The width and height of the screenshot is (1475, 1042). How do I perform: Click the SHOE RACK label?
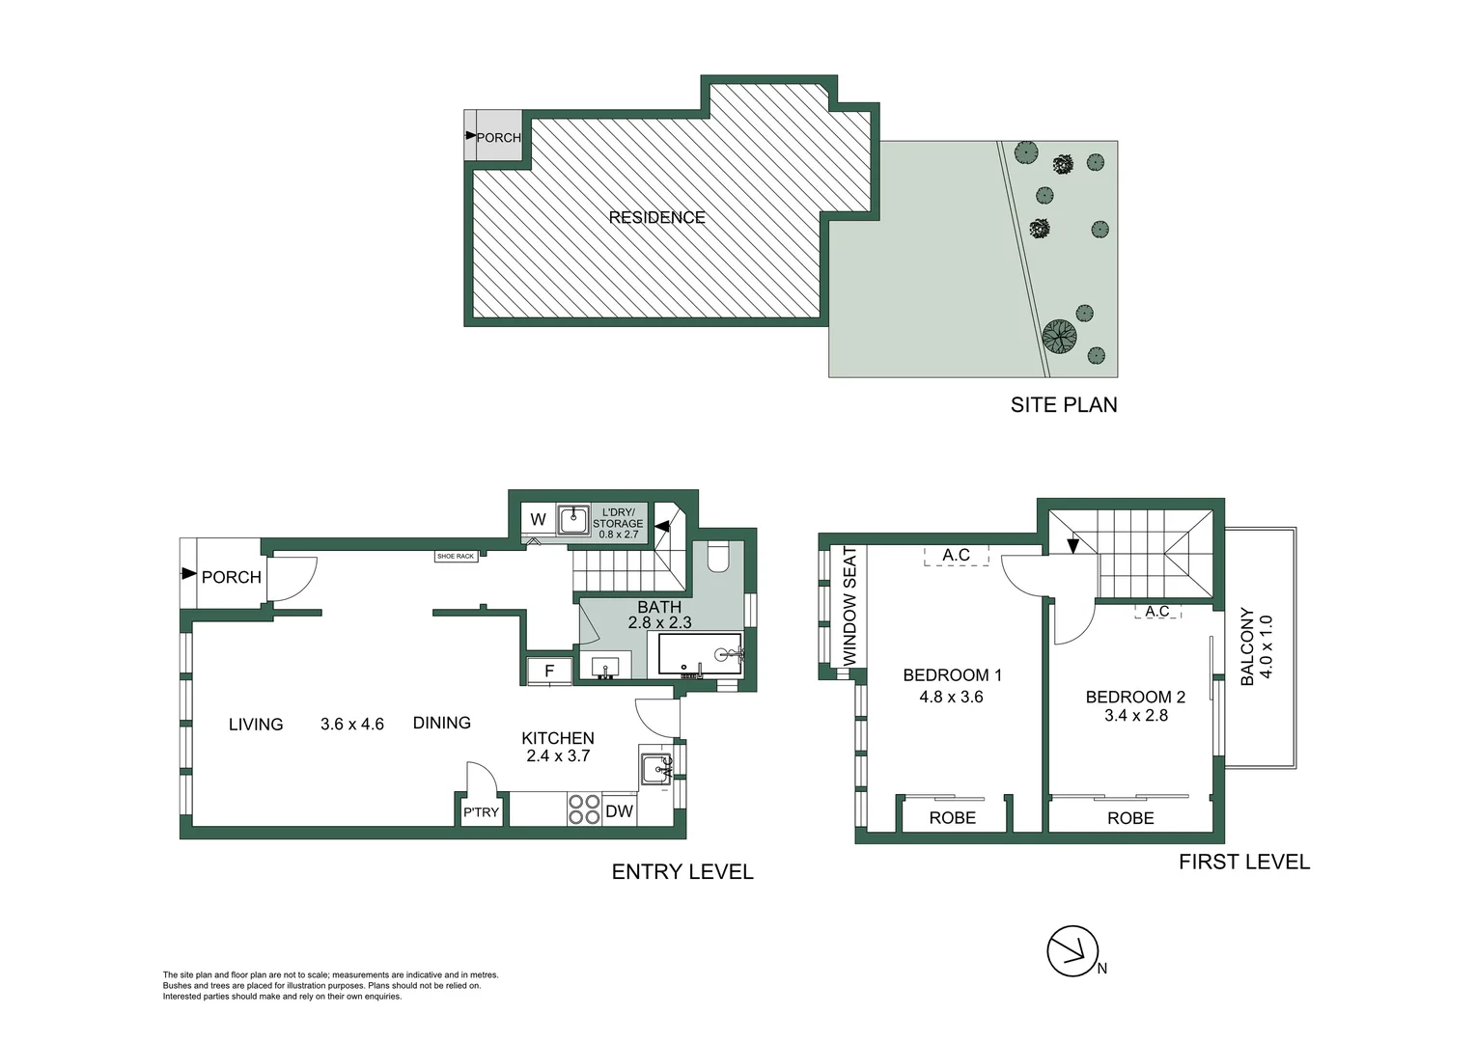456,557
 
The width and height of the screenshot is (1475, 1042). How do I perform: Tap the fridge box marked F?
549,671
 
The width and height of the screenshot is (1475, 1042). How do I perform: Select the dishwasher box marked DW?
619,811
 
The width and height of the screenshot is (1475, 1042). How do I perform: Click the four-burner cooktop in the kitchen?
584,809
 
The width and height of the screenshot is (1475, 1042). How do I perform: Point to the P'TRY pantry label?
481,812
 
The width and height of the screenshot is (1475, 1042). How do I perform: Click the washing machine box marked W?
538,519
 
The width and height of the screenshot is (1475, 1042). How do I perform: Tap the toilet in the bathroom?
718,557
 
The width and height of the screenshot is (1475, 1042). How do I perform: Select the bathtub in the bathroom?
700,653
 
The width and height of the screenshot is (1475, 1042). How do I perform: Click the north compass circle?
1072,951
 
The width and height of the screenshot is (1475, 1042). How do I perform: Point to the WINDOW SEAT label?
849,606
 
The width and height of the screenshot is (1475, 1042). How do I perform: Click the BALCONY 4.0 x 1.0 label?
1257,646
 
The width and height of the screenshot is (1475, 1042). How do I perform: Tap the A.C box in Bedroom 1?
956,555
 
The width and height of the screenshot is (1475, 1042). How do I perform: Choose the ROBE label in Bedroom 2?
1130,818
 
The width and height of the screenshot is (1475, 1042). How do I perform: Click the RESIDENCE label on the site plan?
656,217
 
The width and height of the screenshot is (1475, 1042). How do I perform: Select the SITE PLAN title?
1064,404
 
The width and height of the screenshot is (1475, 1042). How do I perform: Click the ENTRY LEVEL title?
682,871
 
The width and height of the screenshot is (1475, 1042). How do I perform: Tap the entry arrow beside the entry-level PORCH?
189,573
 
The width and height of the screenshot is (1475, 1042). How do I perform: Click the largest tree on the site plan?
1060,336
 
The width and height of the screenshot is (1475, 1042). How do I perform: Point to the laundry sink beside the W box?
573,520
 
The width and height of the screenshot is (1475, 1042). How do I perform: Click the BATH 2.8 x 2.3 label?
659,615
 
